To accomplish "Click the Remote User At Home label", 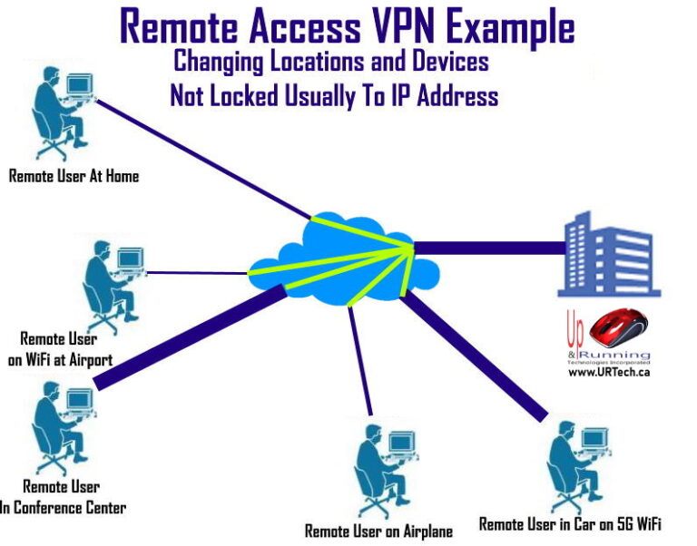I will (x=74, y=176).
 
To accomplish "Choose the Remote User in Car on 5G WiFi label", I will (x=570, y=523).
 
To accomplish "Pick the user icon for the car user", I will (x=573, y=466).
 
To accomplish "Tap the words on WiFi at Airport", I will (x=61, y=359).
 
